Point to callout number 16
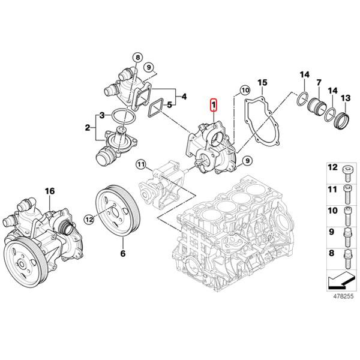pos(50,191)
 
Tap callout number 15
pos(262,82)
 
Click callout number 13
pos(345,98)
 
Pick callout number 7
pos(319,82)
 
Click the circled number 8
pos(137,58)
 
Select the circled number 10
pos(244,91)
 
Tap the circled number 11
pos(140,164)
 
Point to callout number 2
pos(88,128)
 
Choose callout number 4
pos(184,96)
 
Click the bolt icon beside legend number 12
pos(346,172)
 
